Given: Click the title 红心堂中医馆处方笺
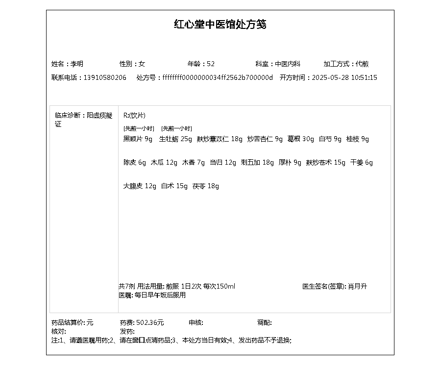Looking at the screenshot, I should (x=220, y=24).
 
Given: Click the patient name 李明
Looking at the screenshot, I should (x=77, y=64).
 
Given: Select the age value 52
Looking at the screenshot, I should (x=211, y=64).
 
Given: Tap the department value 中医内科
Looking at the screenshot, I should (x=287, y=64).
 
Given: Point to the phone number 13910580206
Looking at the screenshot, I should (x=105, y=77).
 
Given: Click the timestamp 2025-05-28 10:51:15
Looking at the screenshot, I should (x=344, y=77).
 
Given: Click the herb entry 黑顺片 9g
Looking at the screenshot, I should (x=138, y=139).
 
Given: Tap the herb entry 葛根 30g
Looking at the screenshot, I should (x=300, y=139).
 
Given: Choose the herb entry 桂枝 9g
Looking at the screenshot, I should (x=357, y=139).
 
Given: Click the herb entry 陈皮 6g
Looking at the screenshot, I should (x=135, y=163).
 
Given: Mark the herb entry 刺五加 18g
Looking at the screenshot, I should (x=257, y=163).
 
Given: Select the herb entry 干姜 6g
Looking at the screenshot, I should (x=362, y=163).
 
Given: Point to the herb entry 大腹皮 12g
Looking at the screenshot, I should (x=140, y=186).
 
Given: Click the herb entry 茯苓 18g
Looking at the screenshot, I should (x=205, y=186).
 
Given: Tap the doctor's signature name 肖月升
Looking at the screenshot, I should (x=357, y=286).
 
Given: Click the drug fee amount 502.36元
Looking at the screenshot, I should (x=150, y=322).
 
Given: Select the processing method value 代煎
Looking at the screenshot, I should (x=362, y=64).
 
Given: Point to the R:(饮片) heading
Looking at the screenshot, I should (x=134, y=116).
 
